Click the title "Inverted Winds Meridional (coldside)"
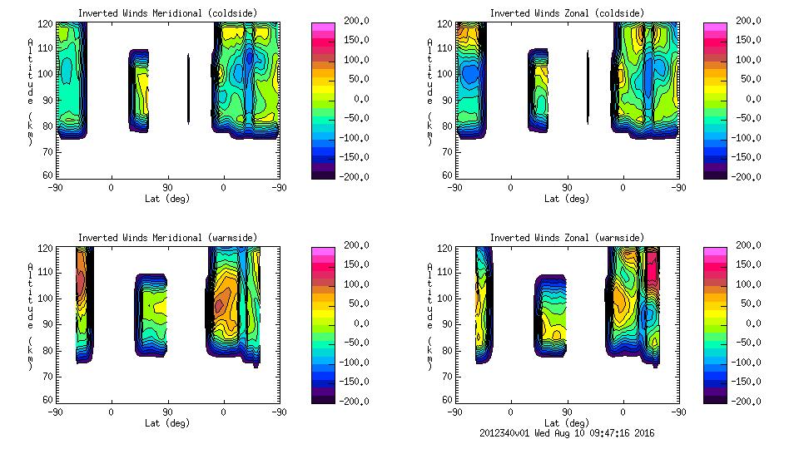click(167, 13)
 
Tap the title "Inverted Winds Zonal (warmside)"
click(567, 238)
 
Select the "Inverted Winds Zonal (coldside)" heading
click(567, 13)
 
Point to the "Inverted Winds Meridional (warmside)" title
click(167, 238)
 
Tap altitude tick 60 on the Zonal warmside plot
click(446, 400)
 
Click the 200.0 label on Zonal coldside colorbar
click(744, 21)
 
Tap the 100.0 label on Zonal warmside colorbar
click(744, 284)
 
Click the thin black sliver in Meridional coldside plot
click(188, 89)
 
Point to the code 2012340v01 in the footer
click(506, 432)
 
